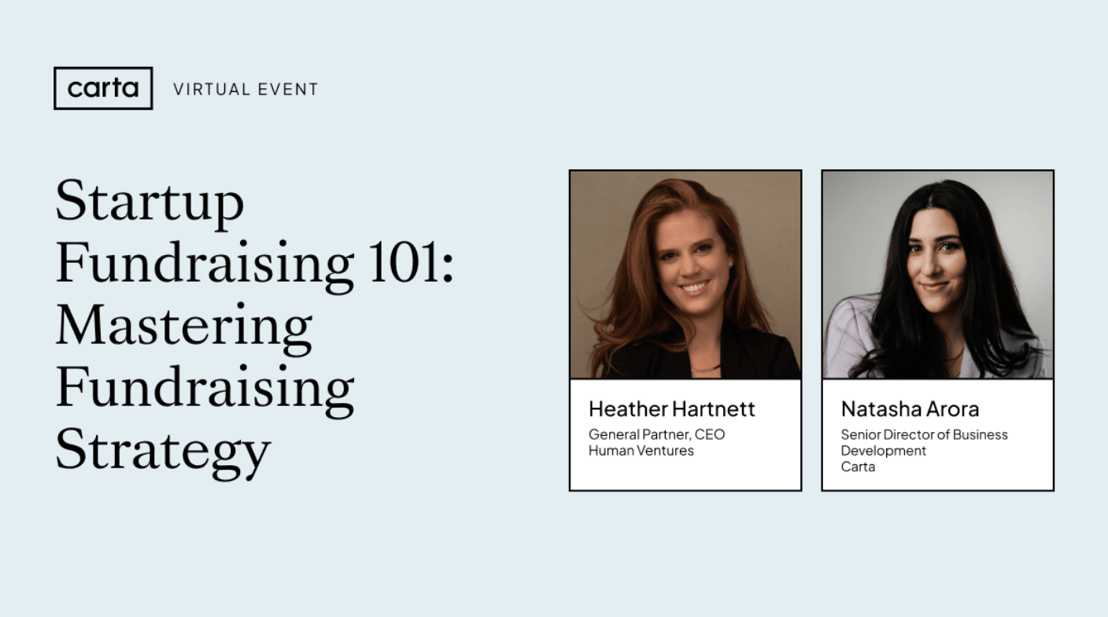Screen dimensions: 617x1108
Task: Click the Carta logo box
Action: (x=103, y=88)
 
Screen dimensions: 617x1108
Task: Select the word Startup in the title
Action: (x=150, y=202)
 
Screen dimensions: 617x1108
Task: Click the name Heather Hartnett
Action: (x=671, y=409)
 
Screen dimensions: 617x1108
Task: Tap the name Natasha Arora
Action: (x=910, y=409)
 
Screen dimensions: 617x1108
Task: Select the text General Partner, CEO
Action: (x=656, y=434)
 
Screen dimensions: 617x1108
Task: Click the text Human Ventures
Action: (x=641, y=451)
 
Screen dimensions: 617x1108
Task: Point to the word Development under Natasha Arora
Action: (x=883, y=451)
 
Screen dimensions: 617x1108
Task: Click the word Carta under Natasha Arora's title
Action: (x=858, y=467)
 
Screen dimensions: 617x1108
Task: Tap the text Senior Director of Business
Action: (x=924, y=434)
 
